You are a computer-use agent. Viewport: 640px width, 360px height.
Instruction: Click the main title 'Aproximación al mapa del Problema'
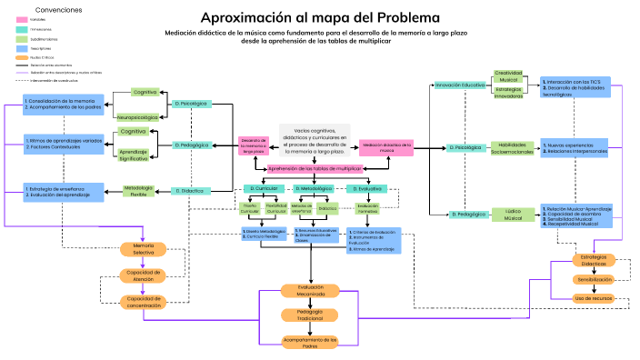point(319,17)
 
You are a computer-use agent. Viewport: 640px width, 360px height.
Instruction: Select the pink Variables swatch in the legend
point(22,19)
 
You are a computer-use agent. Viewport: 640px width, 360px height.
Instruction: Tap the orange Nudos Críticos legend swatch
point(22,56)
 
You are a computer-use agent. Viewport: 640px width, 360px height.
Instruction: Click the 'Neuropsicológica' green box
point(137,117)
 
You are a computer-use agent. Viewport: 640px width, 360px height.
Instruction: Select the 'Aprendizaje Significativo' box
point(134,155)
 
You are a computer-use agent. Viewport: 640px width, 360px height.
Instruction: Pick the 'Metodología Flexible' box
point(137,191)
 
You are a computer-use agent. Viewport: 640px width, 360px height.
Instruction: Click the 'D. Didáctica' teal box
point(191,191)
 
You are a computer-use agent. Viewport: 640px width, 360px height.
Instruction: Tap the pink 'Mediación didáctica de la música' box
point(387,145)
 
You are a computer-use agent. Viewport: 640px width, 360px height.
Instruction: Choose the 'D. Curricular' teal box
point(262,188)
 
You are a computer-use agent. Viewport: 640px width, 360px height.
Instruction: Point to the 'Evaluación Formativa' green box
point(367,208)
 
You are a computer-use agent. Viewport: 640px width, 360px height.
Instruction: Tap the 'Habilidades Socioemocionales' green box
point(513,147)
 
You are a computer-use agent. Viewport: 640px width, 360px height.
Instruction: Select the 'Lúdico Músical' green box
point(513,215)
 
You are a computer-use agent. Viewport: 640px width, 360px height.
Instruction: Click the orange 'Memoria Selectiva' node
point(144,248)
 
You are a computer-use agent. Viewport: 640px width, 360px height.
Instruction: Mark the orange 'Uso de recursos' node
point(593,297)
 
